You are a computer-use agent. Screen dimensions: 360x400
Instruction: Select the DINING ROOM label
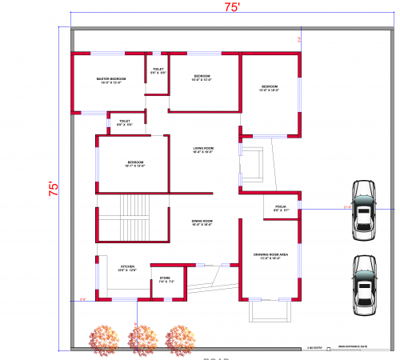(x=202, y=222)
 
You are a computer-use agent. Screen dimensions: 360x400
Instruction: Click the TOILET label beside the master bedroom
(x=158, y=70)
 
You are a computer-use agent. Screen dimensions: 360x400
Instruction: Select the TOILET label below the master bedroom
(x=125, y=122)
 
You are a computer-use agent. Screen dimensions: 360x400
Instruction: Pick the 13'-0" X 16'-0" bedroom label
(x=270, y=87)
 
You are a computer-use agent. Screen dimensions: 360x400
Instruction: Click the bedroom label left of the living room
(x=134, y=164)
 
